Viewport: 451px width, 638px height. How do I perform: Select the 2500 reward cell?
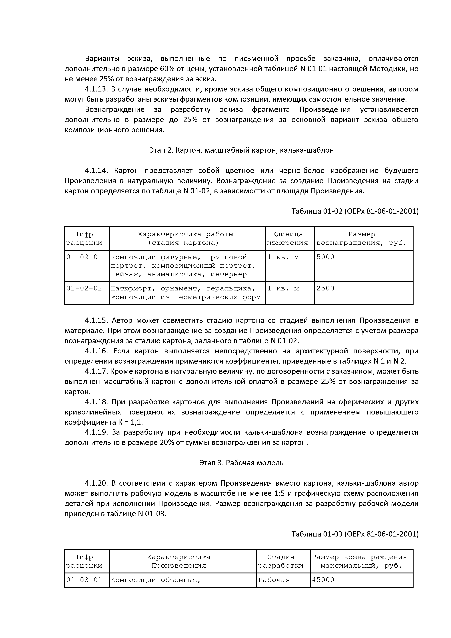pos(325,288)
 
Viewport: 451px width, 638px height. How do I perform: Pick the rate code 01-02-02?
pos(84,288)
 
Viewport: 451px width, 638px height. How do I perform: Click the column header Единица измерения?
pos(287,238)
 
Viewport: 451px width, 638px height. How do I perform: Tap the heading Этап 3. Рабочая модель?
pos(241,463)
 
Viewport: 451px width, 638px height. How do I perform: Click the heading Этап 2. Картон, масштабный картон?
pos(241,150)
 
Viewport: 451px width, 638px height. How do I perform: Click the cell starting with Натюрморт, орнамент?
pos(186,293)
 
